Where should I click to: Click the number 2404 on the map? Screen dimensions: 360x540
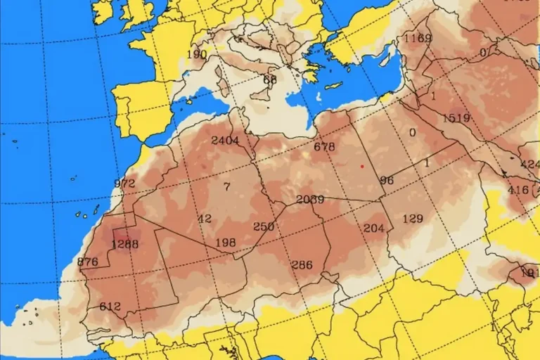coord(225,140)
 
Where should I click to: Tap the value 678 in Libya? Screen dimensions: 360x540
coord(324,147)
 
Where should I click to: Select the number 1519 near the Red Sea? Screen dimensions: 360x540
coord(456,118)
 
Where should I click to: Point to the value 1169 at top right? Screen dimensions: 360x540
coord(418,38)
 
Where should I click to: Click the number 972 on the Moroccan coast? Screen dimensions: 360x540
coord(124,184)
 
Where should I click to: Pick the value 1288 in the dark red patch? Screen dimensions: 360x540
coord(125,245)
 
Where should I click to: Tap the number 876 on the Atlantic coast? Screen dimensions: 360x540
coord(88,262)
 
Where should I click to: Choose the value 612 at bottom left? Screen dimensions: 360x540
coord(110,307)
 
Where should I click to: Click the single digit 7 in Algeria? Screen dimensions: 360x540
coord(226,186)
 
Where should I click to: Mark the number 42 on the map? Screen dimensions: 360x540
coord(205,219)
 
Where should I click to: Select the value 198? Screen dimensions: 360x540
coord(226,243)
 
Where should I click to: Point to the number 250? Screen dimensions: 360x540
coord(264,226)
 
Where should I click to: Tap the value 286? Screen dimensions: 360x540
coord(302,264)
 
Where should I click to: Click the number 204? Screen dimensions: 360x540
coord(374,228)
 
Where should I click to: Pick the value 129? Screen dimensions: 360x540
coord(413,219)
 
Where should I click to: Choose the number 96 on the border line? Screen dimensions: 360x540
coord(387,180)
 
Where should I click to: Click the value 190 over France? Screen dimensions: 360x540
coord(197,54)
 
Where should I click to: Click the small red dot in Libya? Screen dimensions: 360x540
coord(361,166)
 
